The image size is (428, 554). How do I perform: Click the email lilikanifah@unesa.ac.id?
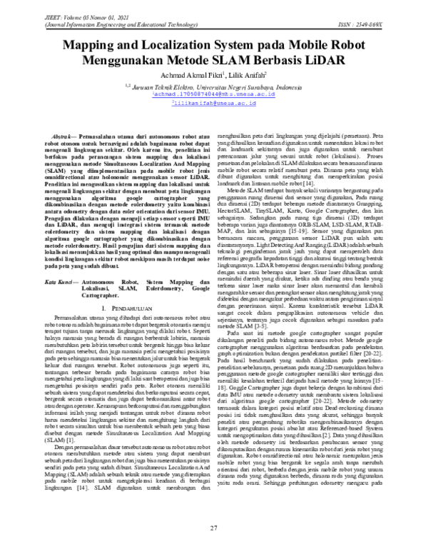click(215, 103)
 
